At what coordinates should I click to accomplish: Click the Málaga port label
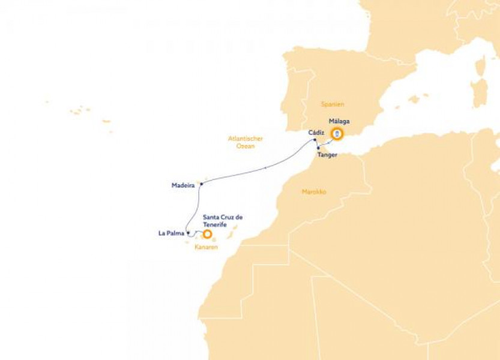339,121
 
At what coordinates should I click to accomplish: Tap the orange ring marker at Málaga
337,134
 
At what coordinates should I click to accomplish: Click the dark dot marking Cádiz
315,141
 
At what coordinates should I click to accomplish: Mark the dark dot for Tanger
318,148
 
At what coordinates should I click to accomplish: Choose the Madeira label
182,186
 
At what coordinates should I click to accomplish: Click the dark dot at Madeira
202,184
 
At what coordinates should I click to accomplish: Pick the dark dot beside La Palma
188,233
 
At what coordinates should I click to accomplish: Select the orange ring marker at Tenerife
208,234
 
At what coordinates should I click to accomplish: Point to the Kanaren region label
206,247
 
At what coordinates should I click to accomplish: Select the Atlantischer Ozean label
245,142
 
